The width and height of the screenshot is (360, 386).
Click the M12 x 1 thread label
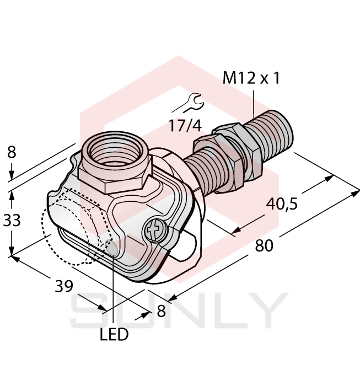(251, 79)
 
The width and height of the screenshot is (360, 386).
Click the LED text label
(114, 334)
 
